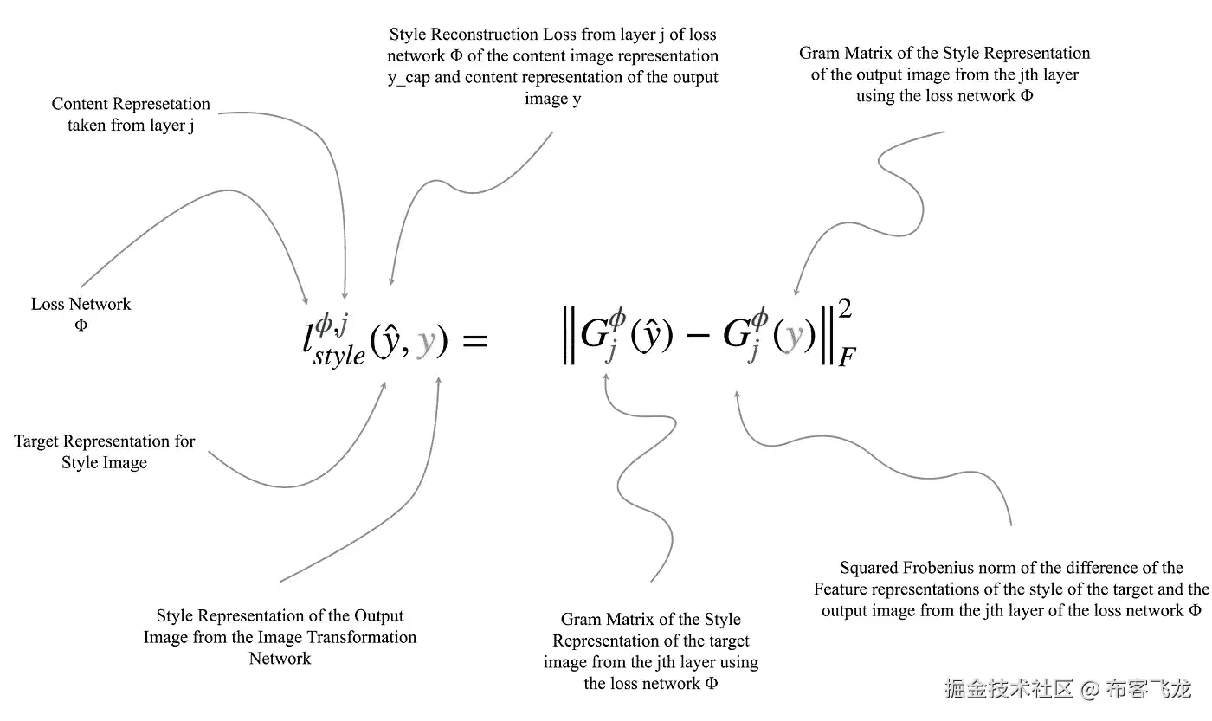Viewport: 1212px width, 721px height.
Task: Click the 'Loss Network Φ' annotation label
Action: (81, 314)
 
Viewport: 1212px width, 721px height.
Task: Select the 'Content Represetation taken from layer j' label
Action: (131, 114)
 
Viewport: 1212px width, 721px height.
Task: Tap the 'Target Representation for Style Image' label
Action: (105, 451)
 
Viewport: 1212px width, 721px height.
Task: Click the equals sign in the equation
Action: (475, 340)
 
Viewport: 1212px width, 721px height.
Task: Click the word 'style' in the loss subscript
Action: (339, 355)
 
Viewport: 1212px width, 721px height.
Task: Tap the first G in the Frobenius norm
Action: (594, 336)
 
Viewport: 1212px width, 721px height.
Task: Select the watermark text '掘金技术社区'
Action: (1009, 689)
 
